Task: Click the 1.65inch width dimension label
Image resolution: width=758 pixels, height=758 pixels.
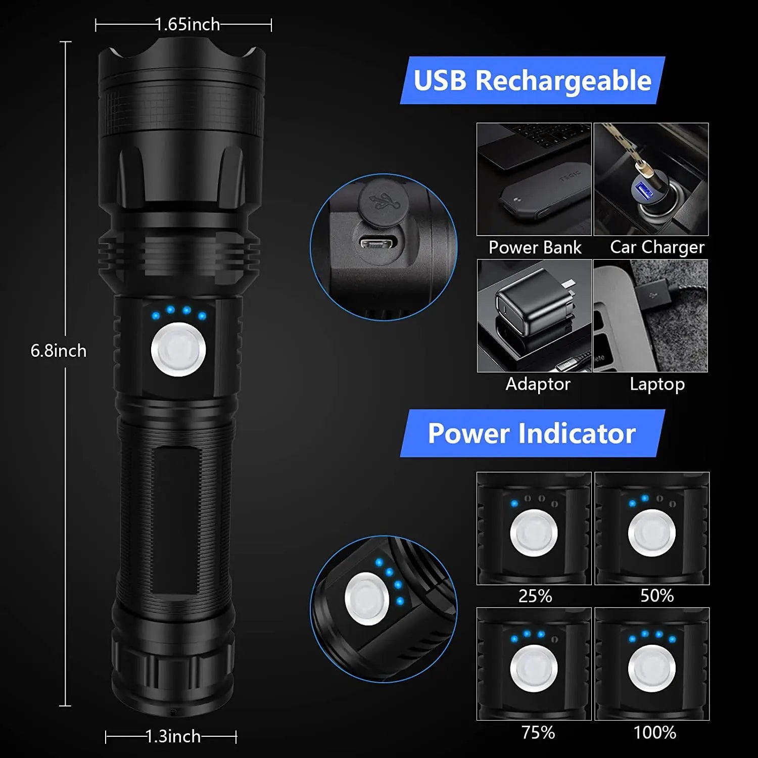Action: [187, 24]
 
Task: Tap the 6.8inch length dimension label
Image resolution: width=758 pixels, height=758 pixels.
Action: [59, 351]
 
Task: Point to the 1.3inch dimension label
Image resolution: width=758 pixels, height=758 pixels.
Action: [173, 736]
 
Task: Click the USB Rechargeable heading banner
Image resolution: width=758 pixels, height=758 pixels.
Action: [532, 80]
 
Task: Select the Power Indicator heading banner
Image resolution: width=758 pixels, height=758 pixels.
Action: [532, 434]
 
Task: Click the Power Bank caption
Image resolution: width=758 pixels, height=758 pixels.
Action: [535, 247]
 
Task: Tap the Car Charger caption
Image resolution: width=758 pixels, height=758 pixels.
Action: [657, 247]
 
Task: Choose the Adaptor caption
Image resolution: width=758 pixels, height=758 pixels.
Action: [538, 384]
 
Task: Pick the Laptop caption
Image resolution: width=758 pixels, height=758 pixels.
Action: [657, 384]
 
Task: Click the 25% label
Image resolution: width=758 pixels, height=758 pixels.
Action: [535, 596]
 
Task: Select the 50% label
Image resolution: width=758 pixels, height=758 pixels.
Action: [657, 596]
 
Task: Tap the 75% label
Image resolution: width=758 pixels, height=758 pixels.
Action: [538, 732]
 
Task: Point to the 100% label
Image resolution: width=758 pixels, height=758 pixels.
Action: [655, 732]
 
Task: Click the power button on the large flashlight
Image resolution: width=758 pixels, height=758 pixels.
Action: [178, 350]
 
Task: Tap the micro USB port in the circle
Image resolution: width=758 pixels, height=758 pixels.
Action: [377, 244]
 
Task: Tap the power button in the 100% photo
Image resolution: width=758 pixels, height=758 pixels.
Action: [652, 668]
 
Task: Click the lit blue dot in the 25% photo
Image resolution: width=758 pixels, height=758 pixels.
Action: [514, 503]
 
